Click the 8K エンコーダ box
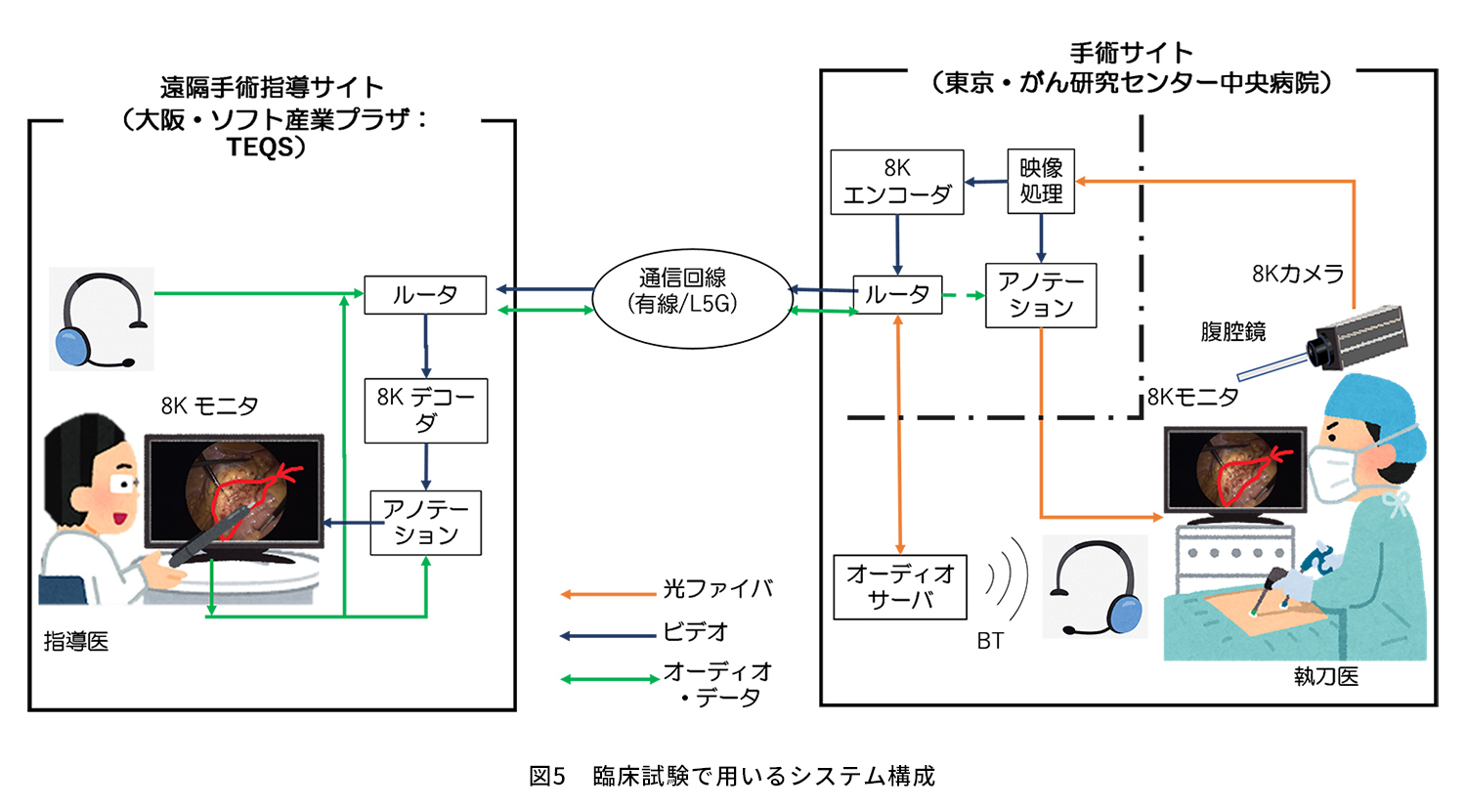click(x=896, y=182)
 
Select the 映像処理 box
click(x=1041, y=181)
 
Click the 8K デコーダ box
click(x=425, y=410)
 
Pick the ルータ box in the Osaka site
click(x=425, y=294)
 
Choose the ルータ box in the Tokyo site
click(x=897, y=294)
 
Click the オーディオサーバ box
click(x=900, y=586)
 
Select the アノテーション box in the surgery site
click(x=1041, y=295)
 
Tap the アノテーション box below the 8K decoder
click(x=425, y=523)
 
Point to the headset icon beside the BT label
click(x=1095, y=587)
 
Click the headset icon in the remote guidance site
click(x=102, y=319)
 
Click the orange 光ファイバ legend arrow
click(x=608, y=593)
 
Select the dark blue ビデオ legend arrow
click(x=608, y=636)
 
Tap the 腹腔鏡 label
click(x=1233, y=332)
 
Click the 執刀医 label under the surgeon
click(x=1326, y=676)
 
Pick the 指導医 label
click(x=76, y=642)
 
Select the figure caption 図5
click(x=547, y=776)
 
